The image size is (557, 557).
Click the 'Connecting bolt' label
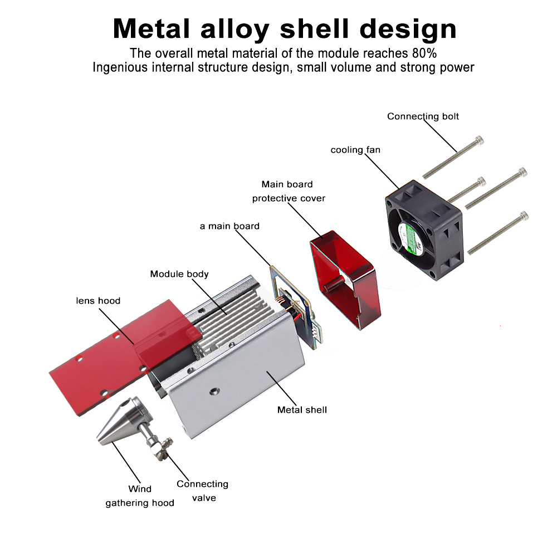[x=423, y=116]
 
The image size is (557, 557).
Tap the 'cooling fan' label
[x=355, y=150]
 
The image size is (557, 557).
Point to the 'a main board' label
[x=229, y=226]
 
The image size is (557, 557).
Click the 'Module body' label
[x=179, y=274]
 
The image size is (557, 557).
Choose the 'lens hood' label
[x=98, y=301]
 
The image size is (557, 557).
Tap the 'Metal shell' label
[x=302, y=410]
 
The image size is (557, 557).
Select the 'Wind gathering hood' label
[x=140, y=496]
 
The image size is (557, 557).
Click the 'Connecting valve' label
[x=202, y=491]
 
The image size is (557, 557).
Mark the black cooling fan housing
[x=426, y=231]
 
